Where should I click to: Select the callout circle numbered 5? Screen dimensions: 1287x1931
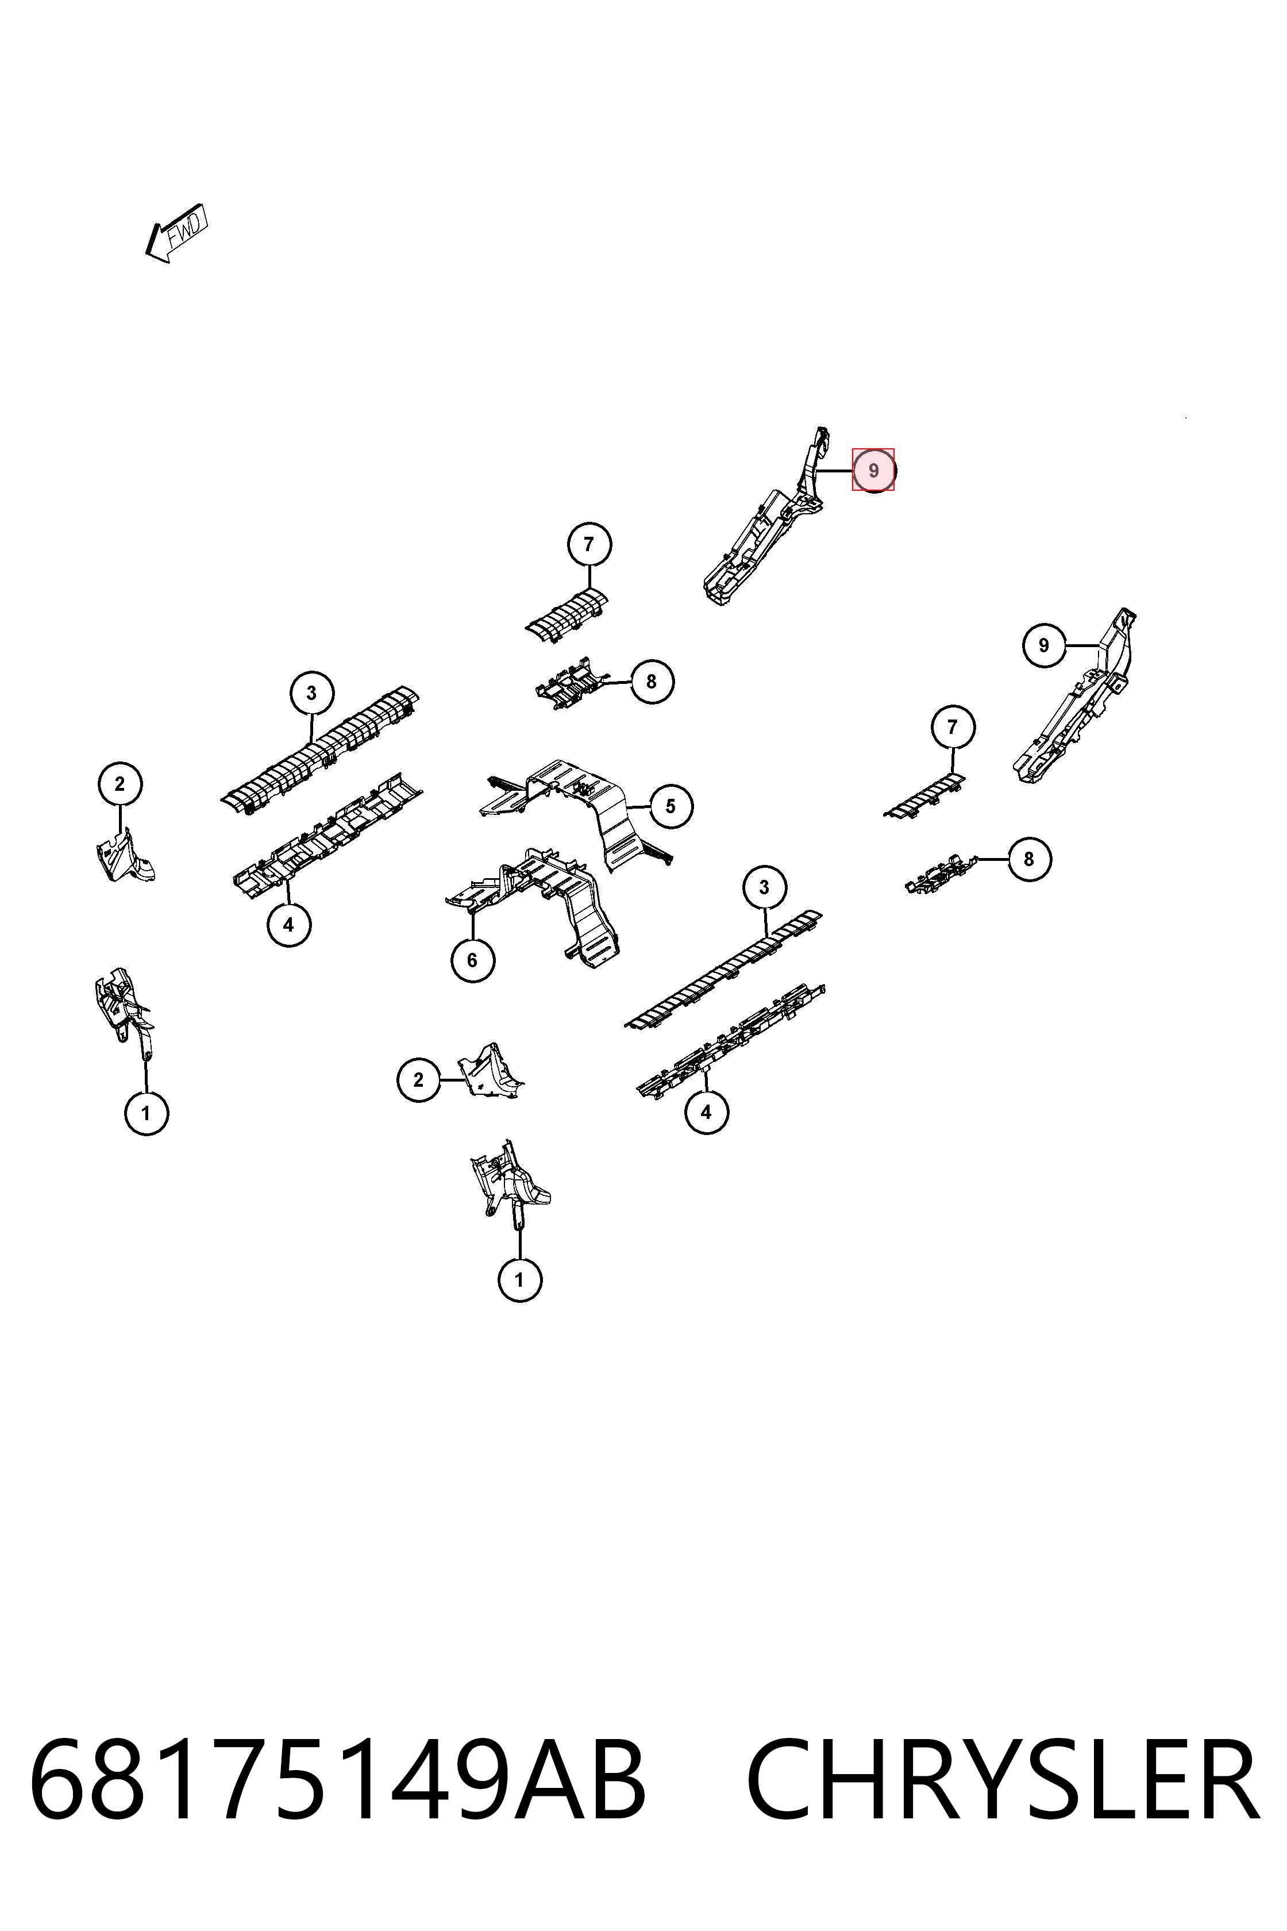coord(671,806)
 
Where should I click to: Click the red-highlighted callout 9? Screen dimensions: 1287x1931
coord(873,471)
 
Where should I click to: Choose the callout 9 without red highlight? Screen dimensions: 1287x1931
coord(1044,645)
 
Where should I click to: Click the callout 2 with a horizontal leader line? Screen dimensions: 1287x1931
coord(419,1080)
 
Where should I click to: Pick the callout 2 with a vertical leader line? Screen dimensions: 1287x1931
coord(120,784)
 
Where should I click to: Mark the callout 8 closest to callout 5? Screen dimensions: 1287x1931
coord(652,682)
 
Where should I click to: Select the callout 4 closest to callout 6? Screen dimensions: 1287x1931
coord(289,925)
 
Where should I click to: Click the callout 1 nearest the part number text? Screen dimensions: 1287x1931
coord(519,1280)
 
